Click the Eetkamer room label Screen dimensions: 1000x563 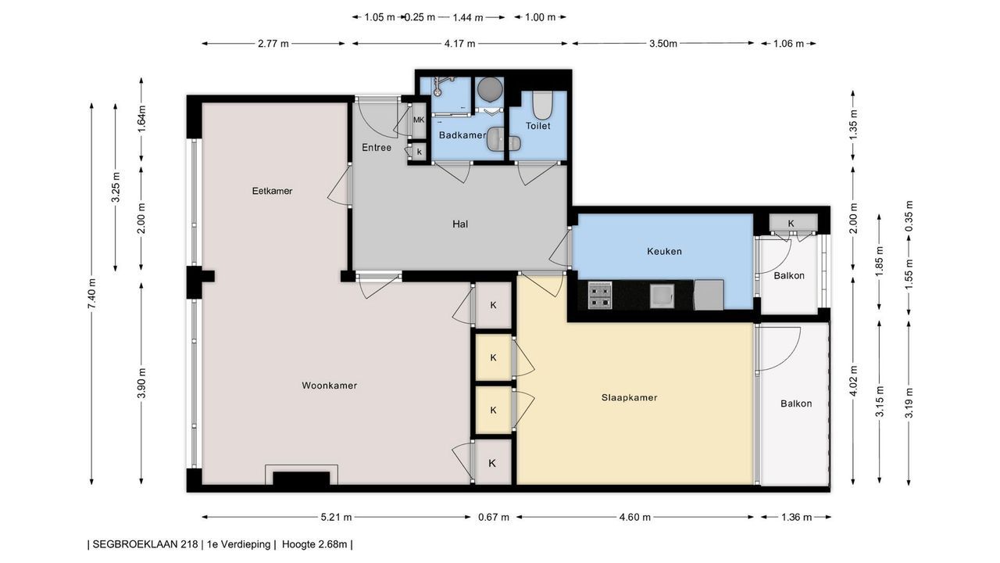click(x=272, y=191)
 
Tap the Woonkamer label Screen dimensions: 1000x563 click(x=330, y=385)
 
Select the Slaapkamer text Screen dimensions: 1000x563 click(x=629, y=398)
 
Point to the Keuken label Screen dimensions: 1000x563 click(x=664, y=252)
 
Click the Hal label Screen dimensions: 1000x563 click(x=460, y=224)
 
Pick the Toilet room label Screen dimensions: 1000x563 click(x=538, y=126)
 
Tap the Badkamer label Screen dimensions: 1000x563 click(x=462, y=135)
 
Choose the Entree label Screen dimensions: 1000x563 click(x=377, y=148)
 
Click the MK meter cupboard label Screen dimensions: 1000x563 click(x=419, y=120)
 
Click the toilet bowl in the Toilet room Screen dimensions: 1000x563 click(x=543, y=105)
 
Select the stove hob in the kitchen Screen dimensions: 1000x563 click(x=600, y=295)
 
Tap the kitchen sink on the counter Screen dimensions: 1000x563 click(x=662, y=296)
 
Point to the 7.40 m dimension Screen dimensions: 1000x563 click(x=91, y=293)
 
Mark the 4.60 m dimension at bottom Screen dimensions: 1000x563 click(x=635, y=518)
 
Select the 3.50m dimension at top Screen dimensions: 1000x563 click(x=663, y=43)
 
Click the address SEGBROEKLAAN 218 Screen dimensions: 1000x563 click(x=145, y=544)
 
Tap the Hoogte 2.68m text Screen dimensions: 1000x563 click(x=314, y=544)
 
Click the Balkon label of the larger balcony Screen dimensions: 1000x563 click(x=796, y=403)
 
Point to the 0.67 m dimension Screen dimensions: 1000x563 click(x=493, y=518)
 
